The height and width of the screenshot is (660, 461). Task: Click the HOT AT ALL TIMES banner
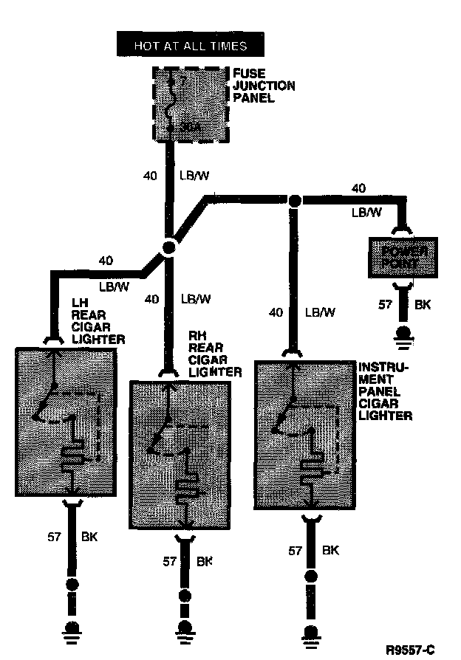tap(191, 46)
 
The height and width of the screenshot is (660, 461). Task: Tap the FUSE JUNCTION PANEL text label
tap(264, 86)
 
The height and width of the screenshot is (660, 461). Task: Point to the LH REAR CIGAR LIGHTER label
tap(98, 321)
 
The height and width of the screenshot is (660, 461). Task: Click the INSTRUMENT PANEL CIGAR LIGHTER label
tap(383, 391)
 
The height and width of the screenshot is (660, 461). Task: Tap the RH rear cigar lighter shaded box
tap(180, 453)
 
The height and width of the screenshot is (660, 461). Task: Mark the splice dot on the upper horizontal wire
tap(294, 199)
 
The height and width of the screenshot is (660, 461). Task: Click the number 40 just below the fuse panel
tap(150, 176)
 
